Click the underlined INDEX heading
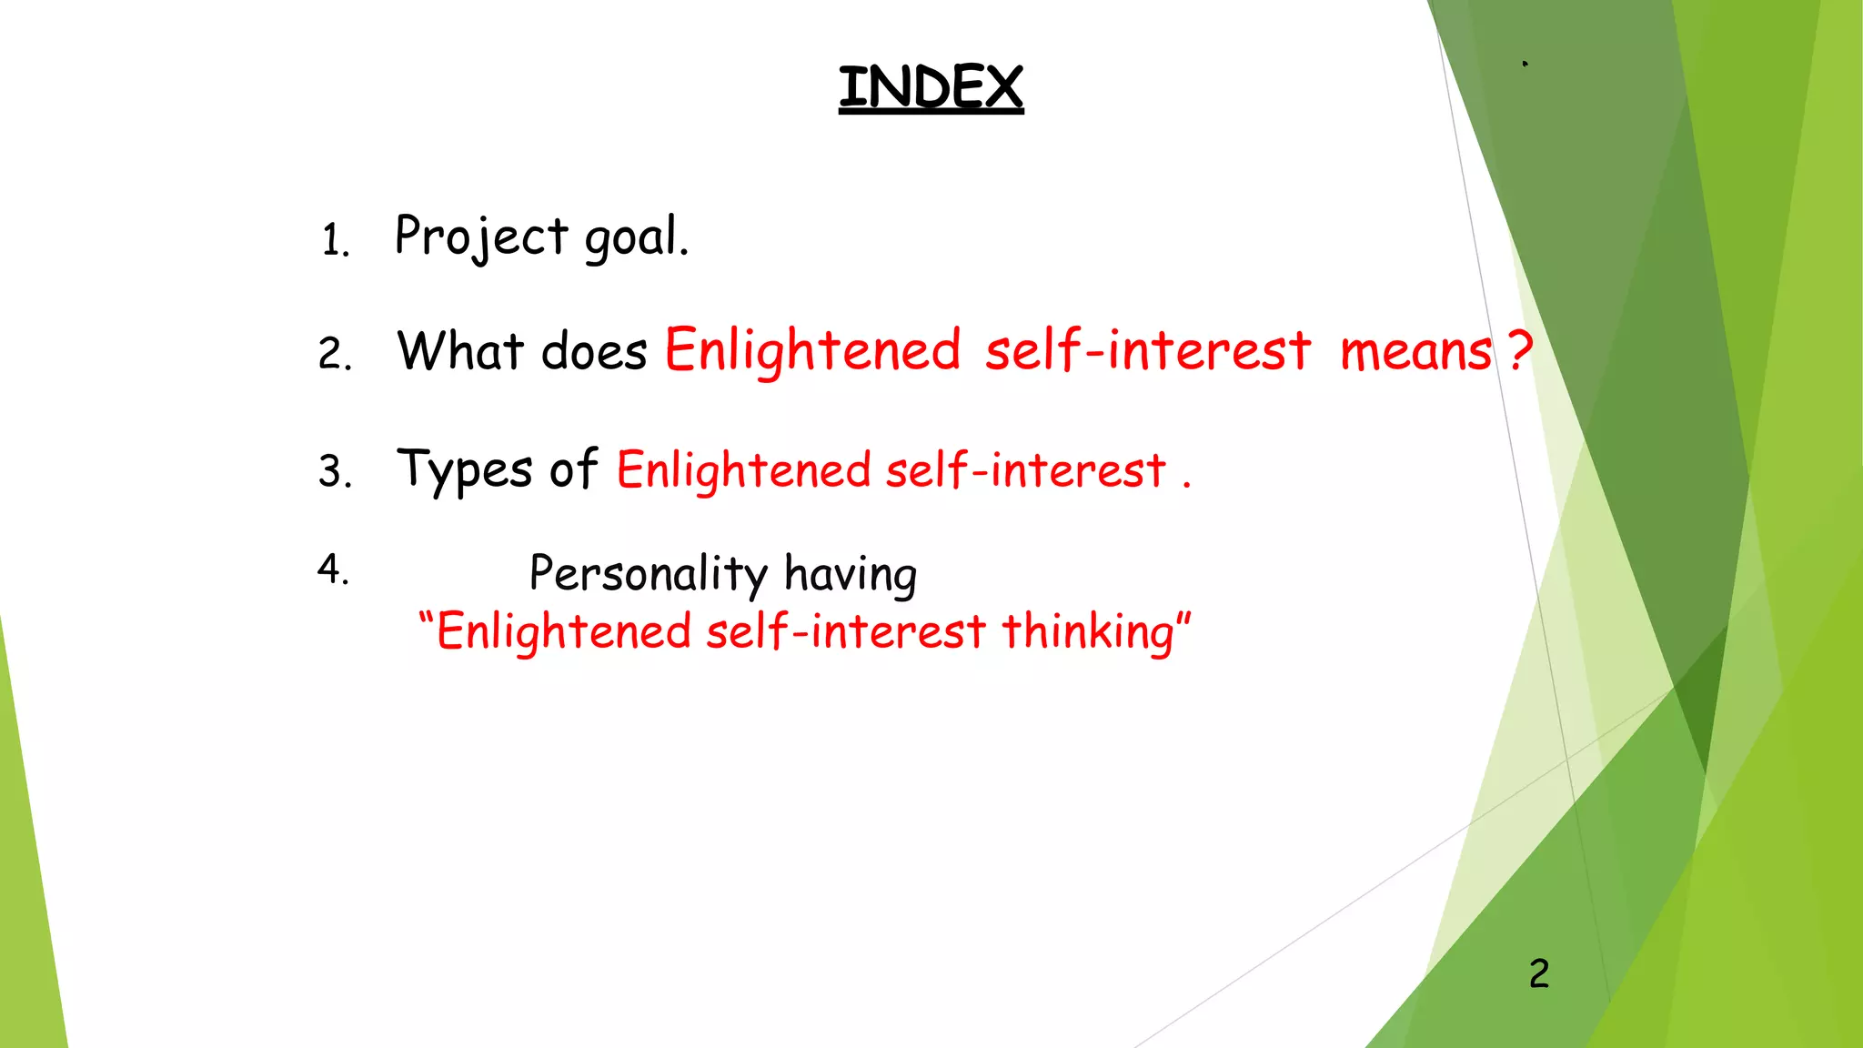tap(931, 87)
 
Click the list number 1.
tap(334, 241)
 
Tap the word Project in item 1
tap(481, 237)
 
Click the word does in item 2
tap(593, 351)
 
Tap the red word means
tap(1415, 352)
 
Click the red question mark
tap(1519, 350)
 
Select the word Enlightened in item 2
tap(812, 351)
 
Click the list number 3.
tap(334, 471)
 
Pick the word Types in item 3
tap(464, 471)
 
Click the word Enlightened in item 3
tap(743, 471)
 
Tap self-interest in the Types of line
tap(1025, 471)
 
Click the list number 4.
tap(332, 569)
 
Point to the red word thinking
tap(1088, 632)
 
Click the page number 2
tap(1538, 974)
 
